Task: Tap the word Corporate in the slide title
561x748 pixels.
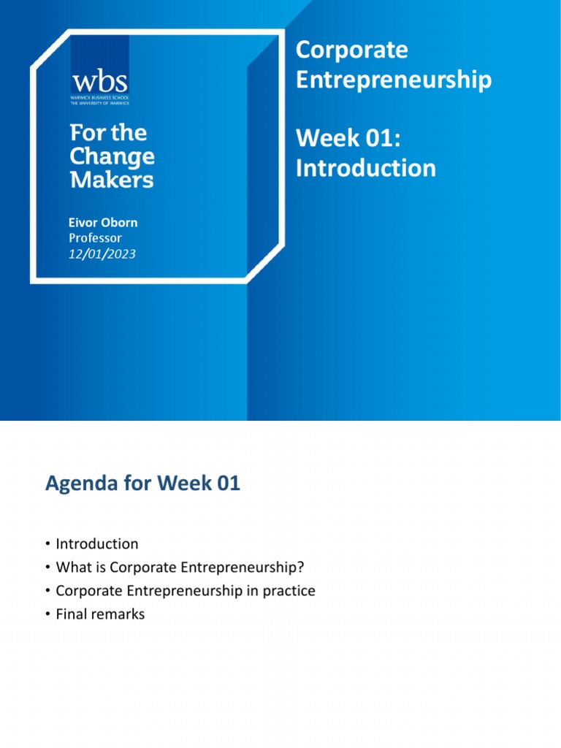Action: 351,50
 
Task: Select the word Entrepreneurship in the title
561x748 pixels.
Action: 393,80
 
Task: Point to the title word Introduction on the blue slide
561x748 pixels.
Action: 365,168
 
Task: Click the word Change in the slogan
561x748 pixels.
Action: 112,156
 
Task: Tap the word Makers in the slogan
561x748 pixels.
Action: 112,180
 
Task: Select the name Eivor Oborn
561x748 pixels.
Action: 103,222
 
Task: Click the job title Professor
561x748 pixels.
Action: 95,238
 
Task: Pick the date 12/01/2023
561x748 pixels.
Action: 102,254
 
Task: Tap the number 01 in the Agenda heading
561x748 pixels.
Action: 226,484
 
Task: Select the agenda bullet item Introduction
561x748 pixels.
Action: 97,544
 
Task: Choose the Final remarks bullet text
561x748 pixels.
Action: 100,614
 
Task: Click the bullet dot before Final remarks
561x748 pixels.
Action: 47,614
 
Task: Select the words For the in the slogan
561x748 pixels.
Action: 108,133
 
